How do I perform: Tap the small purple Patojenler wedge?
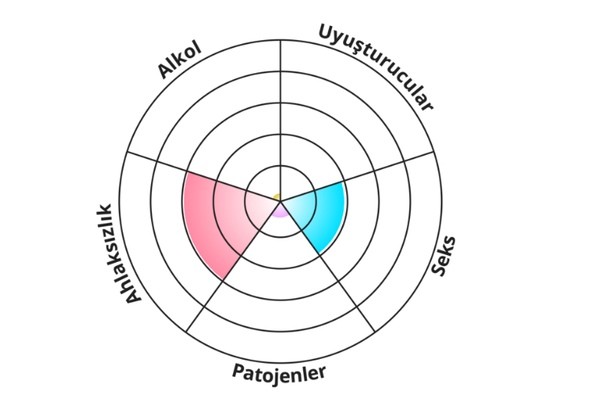tap(280, 210)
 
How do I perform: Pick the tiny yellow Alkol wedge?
tap(277, 196)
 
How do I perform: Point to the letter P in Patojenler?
tap(238, 369)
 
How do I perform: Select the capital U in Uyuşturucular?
tap(325, 32)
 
